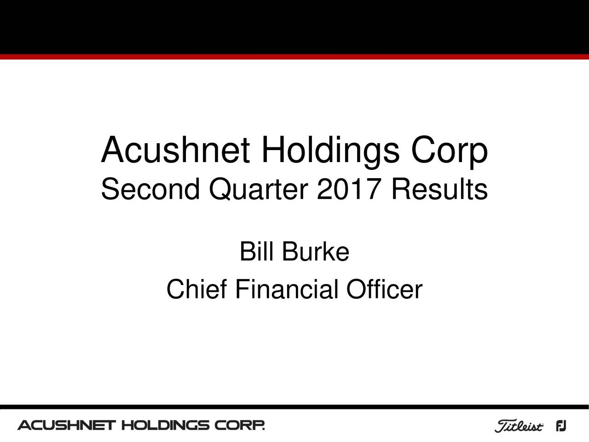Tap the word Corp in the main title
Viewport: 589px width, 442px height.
[449, 151]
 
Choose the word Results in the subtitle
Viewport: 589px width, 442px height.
[439, 189]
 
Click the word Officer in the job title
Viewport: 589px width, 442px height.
[384, 290]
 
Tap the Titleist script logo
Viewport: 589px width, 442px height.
[519, 426]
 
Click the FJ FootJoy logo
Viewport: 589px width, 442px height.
[561, 426]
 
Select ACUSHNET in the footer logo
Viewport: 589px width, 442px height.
[66, 425]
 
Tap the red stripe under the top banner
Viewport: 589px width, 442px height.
[294, 57]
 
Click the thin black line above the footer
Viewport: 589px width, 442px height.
[294, 407]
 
